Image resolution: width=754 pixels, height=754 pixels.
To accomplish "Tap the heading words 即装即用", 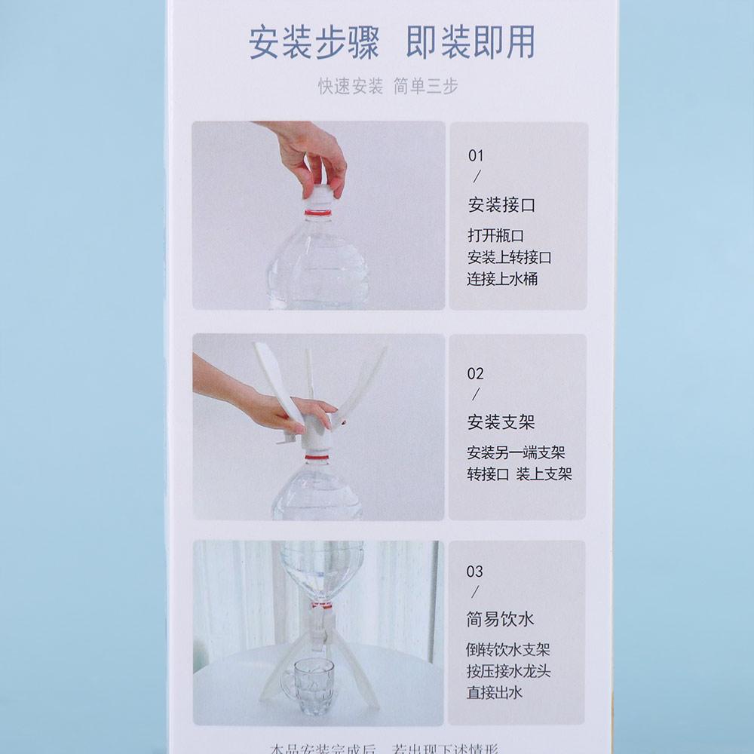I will (x=470, y=43).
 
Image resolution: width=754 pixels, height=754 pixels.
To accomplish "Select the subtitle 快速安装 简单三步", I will (x=388, y=87).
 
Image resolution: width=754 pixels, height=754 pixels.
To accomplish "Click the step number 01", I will (x=476, y=156).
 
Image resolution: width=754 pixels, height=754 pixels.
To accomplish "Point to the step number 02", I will (x=476, y=374).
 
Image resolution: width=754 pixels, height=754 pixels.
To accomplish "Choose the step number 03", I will (x=475, y=572).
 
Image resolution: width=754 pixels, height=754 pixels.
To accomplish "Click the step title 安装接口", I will (x=501, y=205).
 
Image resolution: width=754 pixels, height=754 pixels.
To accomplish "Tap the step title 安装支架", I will (x=501, y=421).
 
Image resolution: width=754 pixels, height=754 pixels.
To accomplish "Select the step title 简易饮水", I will (x=501, y=620).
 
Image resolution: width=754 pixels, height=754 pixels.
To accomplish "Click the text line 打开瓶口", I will (x=495, y=235).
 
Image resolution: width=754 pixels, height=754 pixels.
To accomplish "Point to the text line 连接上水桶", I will (x=502, y=279).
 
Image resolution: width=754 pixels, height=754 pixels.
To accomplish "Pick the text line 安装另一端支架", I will (x=516, y=452).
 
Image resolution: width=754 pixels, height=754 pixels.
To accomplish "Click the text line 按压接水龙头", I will (x=509, y=671).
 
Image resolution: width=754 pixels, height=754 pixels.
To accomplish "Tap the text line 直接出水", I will (x=495, y=692).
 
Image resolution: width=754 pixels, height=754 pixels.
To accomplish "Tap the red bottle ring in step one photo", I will (x=318, y=213).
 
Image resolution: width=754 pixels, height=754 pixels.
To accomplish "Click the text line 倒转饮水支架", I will (x=509, y=650).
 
